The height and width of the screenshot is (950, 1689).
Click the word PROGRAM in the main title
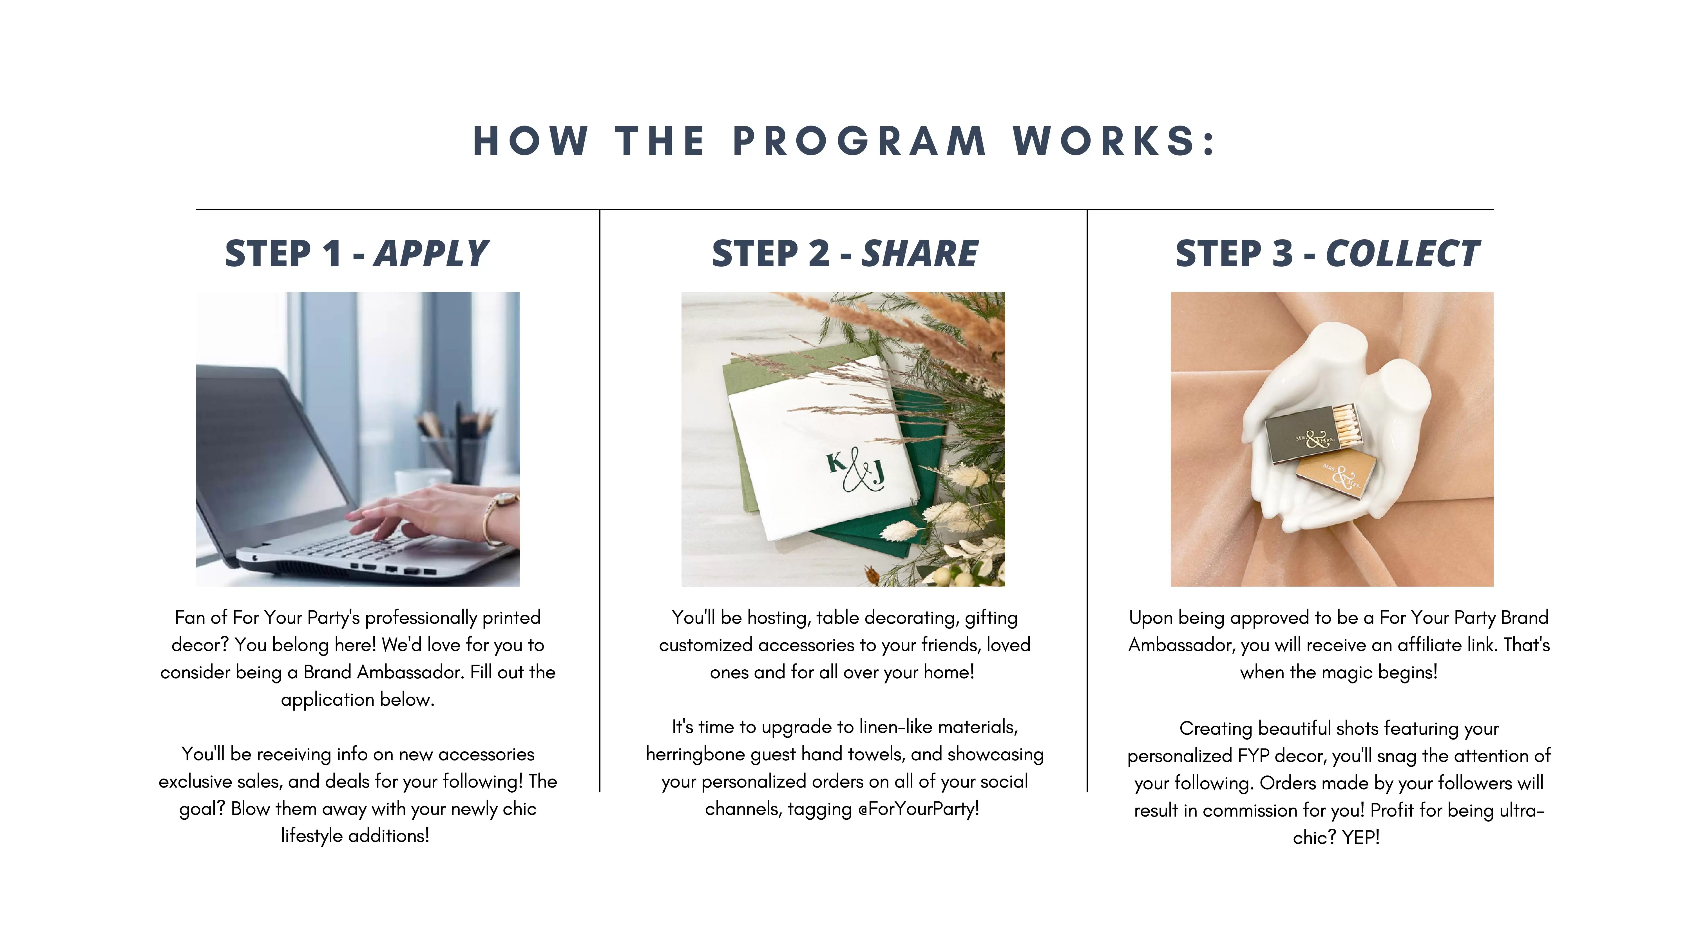859,141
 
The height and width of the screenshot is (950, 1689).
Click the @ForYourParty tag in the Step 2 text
918,809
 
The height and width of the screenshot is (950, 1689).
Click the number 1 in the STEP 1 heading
331,254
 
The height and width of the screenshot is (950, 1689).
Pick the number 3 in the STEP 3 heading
1282,254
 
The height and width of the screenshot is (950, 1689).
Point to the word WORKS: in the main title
1115,141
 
